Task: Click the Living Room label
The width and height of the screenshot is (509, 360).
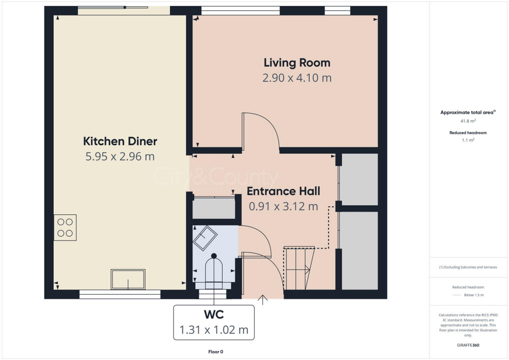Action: [297, 63]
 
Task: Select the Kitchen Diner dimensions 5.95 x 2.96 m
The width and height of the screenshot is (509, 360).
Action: [120, 157]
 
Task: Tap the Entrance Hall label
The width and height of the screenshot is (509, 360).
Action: [283, 191]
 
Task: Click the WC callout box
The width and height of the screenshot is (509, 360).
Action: [214, 323]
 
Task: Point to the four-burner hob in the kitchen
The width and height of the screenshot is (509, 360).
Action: [65, 228]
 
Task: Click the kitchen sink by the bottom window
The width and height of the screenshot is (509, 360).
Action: [128, 279]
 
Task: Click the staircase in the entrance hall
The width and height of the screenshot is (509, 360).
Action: [297, 269]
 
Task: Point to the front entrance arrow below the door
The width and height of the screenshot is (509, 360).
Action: [262, 299]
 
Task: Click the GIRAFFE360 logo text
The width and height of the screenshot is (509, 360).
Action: [468, 345]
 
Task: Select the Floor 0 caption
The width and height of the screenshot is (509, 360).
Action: [216, 352]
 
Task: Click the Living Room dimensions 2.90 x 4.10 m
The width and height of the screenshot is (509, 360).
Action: [297, 78]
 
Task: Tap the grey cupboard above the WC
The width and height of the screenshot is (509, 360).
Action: [214, 209]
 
